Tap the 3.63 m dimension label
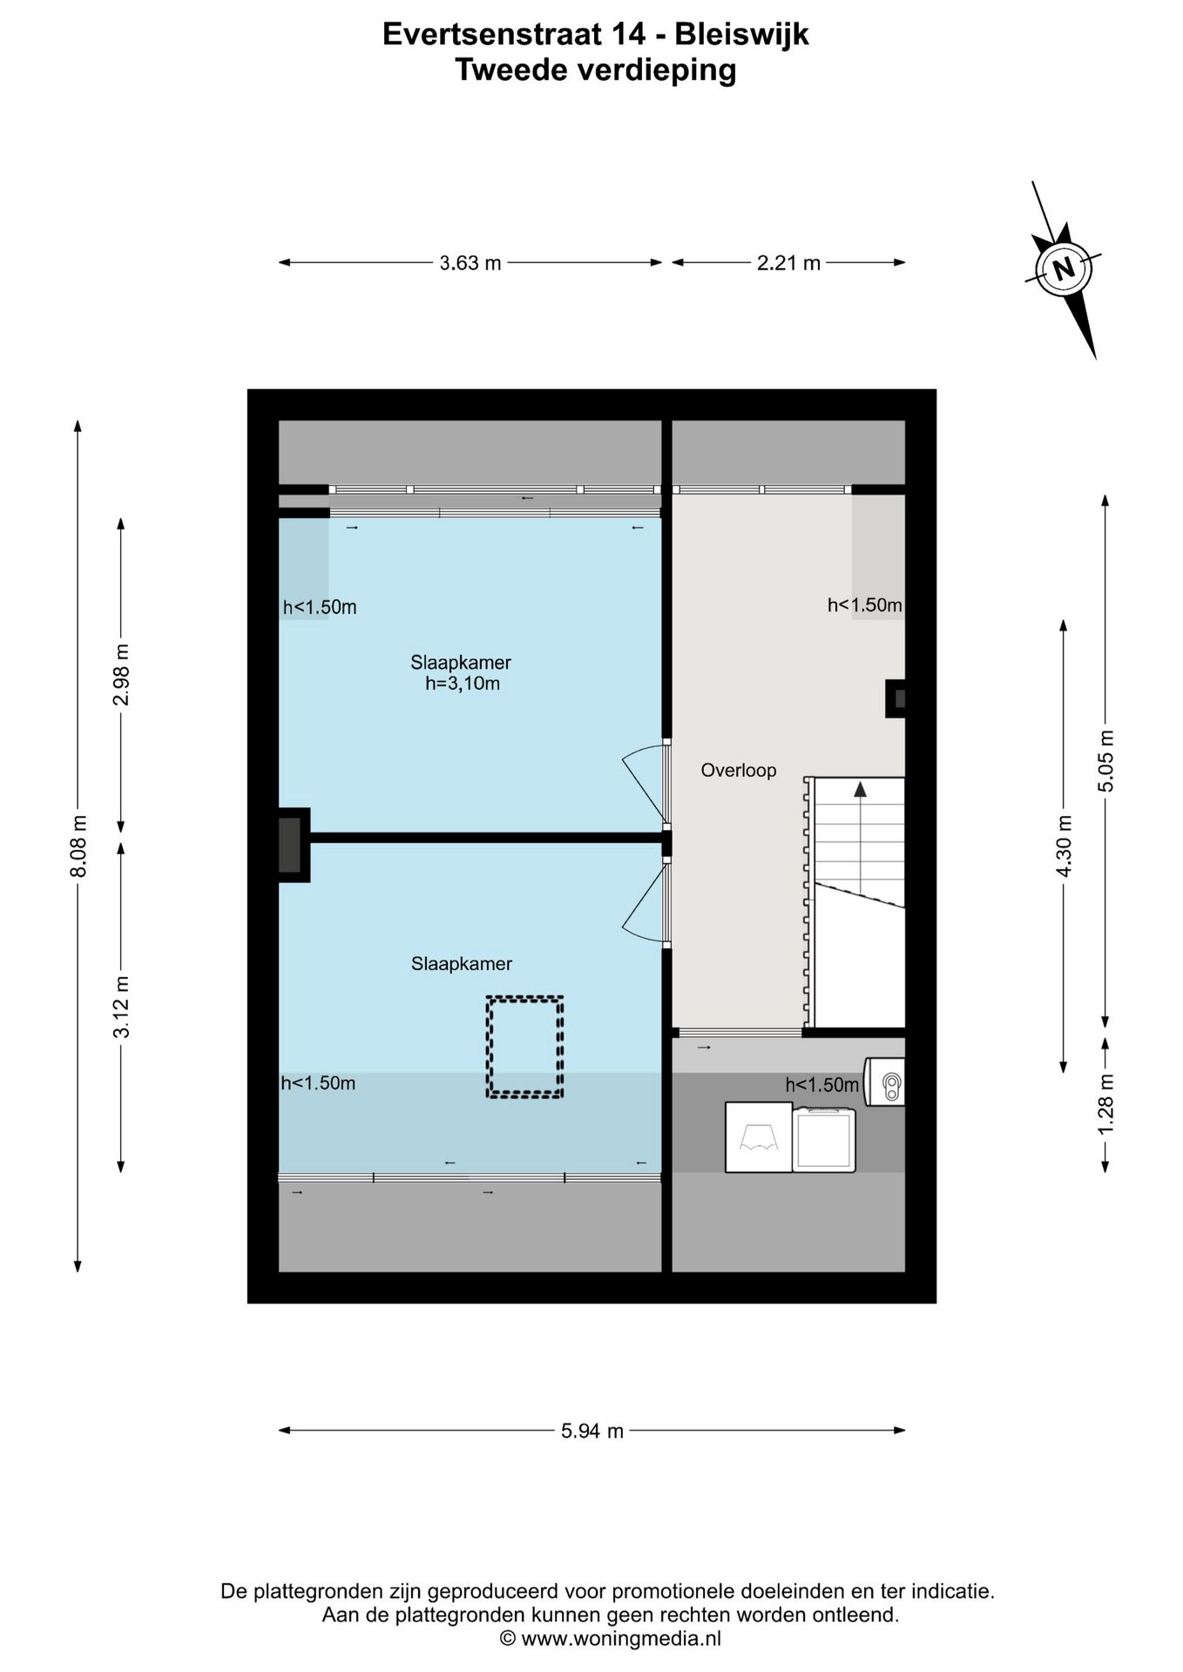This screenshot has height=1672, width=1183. click(x=470, y=262)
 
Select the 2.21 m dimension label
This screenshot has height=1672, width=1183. click(x=788, y=262)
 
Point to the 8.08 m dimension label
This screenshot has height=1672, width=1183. click(x=78, y=846)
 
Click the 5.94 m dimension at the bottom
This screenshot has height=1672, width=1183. click(x=592, y=1430)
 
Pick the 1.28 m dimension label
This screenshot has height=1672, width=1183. click(x=1105, y=1103)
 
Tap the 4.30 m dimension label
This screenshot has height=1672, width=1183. click(x=1064, y=846)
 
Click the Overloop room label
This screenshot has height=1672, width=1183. click(x=739, y=770)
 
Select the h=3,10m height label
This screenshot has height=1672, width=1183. click(x=463, y=684)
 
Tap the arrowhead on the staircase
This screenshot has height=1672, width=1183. click(x=860, y=789)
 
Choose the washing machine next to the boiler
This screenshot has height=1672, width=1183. click(x=824, y=1139)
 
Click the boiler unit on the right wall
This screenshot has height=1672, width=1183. click(x=884, y=1082)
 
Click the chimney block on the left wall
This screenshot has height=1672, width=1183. click(x=294, y=846)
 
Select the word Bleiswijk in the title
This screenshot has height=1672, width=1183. click(x=742, y=35)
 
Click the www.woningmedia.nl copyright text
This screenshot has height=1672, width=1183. click(x=610, y=1638)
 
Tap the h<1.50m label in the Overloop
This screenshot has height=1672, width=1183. click(x=864, y=605)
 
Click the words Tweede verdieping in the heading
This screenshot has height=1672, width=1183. click(x=596, y=71)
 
